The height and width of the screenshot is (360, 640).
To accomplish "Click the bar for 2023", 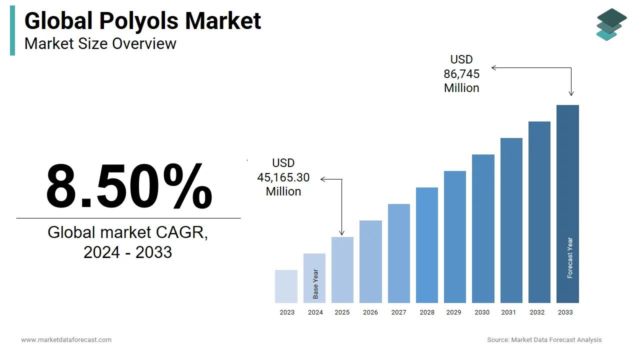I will (286, 286).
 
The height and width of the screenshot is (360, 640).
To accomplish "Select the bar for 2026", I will (370, 261).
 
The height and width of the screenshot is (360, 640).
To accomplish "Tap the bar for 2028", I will (426, 245).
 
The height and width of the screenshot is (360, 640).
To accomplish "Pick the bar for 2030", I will (483, 228).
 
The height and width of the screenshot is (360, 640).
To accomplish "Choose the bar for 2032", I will (539, 212).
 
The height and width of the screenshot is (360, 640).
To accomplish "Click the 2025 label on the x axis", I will (342, 312).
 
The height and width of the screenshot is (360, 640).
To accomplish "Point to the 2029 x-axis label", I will (454, 312).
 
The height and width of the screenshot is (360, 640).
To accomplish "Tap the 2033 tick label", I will (565, 312).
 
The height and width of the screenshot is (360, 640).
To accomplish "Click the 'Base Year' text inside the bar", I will (315, 284).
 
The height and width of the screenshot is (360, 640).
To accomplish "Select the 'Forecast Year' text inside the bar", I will (569, 258).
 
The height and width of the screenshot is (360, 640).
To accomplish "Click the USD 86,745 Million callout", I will (461, 74).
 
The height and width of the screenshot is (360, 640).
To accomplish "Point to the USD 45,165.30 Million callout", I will (283, 177).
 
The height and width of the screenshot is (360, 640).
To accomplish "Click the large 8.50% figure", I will (129, 186).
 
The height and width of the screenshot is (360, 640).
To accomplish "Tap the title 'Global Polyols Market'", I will (142, 21).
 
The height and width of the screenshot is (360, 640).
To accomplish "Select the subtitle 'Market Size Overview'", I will (100, 44).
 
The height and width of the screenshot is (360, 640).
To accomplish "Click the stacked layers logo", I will (611, 24).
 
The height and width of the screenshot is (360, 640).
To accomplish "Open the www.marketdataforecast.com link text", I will (66, 340).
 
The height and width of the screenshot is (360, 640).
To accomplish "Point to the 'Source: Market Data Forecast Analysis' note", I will (544, 340).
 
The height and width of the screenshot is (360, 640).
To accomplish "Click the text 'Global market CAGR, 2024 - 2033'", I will (128, 242).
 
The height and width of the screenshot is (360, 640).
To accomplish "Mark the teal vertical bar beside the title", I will (12, 30).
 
